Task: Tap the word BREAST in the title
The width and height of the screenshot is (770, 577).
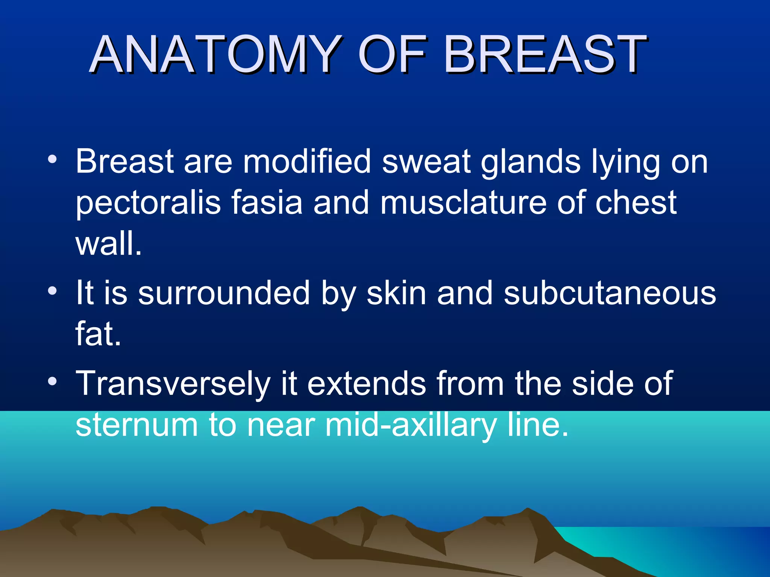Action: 545,54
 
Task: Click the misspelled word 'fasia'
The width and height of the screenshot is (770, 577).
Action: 266,203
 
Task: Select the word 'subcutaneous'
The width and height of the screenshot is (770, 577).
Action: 610,293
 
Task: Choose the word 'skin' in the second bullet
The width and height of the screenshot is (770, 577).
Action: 396,293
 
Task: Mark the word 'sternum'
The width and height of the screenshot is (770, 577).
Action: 136,425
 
